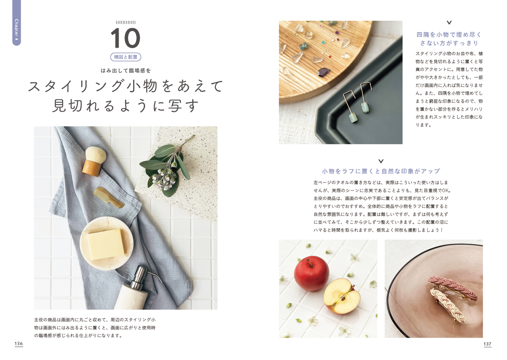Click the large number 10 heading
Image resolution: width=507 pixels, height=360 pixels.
coord(125,38)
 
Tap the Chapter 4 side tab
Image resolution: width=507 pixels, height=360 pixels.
coord(16,23)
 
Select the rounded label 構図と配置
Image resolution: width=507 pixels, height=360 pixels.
coord(125,57)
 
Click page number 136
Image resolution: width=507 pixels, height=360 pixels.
coord(19,344)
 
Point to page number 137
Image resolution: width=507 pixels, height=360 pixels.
coord(487,344)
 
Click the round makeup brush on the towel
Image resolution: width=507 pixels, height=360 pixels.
coord(94,161)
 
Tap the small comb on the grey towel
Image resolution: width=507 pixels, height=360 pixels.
coord(109,197)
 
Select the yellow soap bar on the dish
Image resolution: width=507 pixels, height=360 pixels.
coord(106,244)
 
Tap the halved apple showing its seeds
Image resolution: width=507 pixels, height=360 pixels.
coord(341,296)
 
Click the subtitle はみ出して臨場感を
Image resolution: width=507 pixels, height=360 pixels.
coord(126,71)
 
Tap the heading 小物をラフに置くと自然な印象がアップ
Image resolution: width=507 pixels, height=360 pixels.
coord(381,171)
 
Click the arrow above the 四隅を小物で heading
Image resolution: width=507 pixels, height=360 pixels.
coord(449,22)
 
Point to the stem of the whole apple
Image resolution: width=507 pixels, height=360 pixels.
coord(309,263)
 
